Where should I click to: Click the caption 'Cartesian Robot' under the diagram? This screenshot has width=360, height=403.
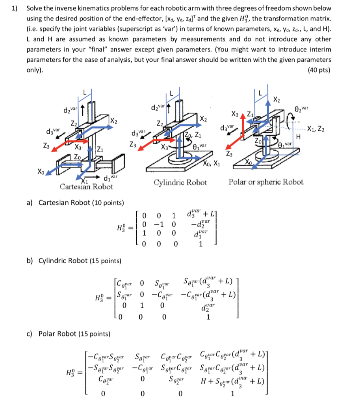pos(86,187)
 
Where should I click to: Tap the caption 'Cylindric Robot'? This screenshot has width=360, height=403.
pos(180,183)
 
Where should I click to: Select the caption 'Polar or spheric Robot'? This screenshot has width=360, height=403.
pos(266,182)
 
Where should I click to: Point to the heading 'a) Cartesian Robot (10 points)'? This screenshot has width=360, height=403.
pos(75,203)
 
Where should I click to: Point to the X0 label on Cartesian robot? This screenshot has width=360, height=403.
pos(41,172)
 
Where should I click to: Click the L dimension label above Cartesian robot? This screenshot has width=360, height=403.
pos(84,92)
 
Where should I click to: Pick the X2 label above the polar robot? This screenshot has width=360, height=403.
pos(278,98)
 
